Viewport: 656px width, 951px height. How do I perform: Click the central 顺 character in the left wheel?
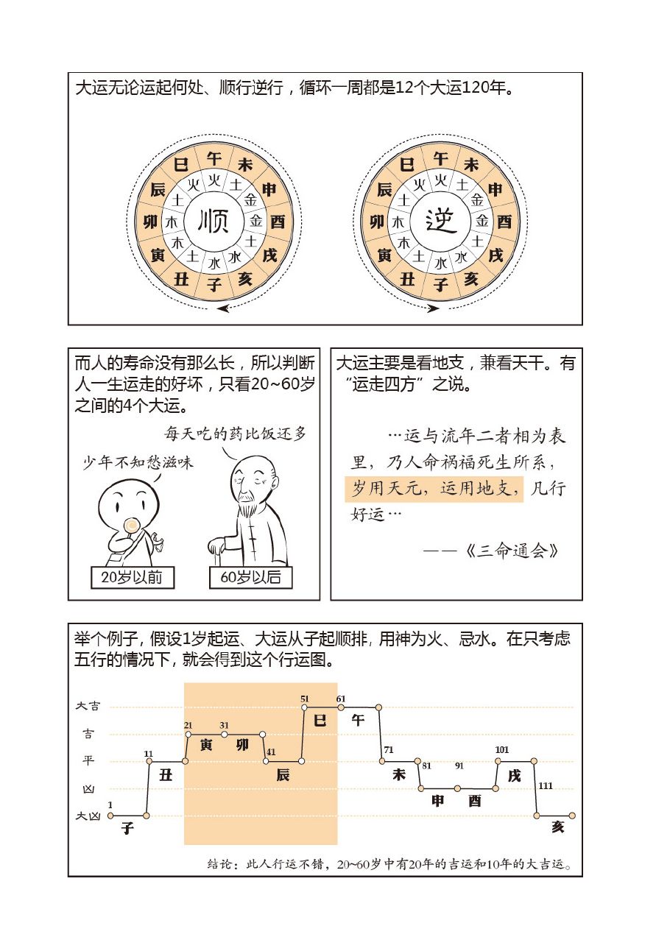tap(214, 221)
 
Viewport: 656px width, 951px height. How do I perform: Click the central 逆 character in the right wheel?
tap(441, 221)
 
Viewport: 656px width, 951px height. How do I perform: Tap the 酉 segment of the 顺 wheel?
tap(278, 222)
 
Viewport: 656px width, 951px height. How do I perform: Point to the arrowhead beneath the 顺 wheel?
tap(222, 308)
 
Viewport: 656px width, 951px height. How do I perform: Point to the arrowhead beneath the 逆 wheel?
tap(434, 308)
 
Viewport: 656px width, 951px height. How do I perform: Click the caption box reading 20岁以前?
tap(131, 577)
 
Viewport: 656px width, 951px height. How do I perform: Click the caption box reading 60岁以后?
tap(250, 577)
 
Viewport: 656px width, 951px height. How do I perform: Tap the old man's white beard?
tap(248, 507)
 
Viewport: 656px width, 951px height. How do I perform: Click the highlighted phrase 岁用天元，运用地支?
tap(434, 488)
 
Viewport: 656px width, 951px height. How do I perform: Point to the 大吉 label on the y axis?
tap(88, 706)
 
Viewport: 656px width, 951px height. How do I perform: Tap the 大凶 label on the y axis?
tap(88, 816)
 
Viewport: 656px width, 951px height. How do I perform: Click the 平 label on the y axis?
tap(88, 761)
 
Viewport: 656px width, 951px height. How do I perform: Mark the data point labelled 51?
tap(305, 707)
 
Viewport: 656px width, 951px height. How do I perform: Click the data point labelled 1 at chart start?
tap(110, 816)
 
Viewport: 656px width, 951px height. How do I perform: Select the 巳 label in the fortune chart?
tap(320, 721)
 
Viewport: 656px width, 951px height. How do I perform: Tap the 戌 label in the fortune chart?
tap(514, 775)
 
